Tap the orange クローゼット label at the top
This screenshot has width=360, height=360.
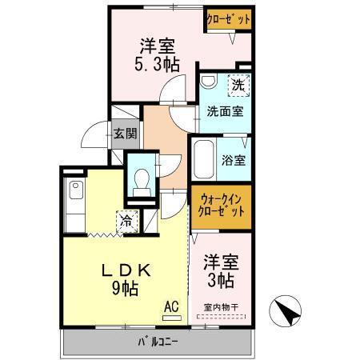point(230,19)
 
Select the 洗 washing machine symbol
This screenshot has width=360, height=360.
point(238,84)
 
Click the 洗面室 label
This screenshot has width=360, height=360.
point(225,111)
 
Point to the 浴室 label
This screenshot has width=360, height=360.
point(234,159)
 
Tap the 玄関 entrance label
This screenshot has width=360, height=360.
point(124,134)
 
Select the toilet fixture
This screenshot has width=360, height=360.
point(143,180)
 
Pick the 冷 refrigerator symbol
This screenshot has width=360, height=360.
point(126,218)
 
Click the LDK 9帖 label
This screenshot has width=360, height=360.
point(120,277)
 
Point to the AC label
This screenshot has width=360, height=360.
point(171,305)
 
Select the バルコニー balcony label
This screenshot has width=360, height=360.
point(157,343)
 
